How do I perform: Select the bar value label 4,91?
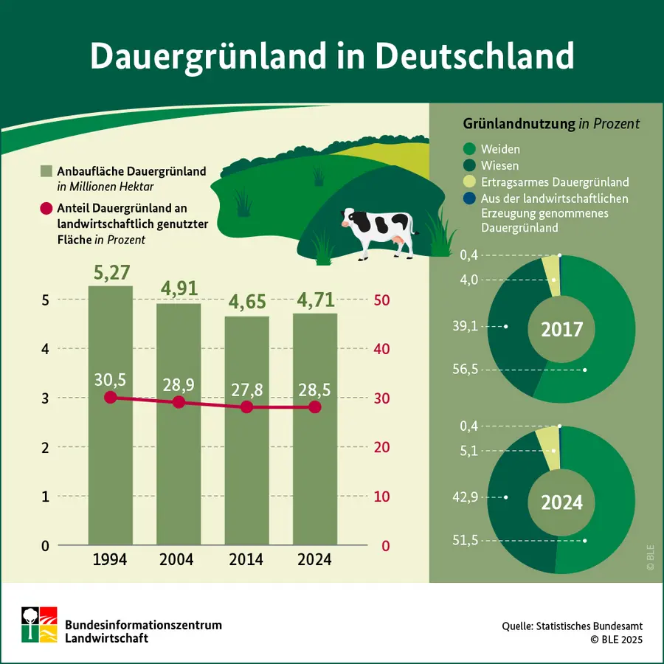pos(178,288)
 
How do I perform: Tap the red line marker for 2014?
pos(247,407)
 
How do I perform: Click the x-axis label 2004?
pos(178,559)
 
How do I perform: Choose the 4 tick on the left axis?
pos(45,349)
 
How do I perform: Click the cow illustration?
pos(377,230)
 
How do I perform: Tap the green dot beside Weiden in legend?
pos(469,150)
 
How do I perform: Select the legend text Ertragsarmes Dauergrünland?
pos(554,182)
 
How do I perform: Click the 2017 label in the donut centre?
pos(562,330)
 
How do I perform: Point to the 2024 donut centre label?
pos(562,502)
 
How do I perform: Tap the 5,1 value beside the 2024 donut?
pos(468,451)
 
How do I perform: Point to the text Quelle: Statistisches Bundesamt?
pos(572,626)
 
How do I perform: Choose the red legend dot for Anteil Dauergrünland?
pos(46,209)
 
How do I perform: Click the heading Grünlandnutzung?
pos(518,124)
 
